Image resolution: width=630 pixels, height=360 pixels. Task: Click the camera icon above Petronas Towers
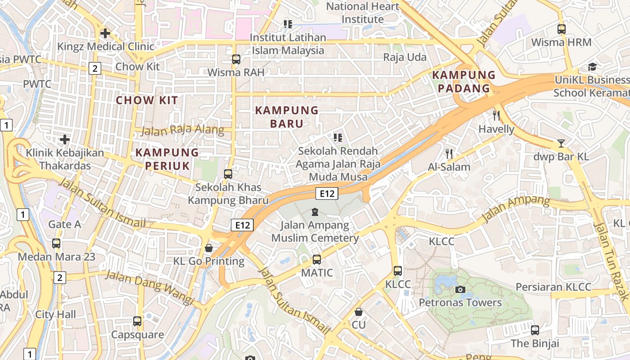(x=460, y=289)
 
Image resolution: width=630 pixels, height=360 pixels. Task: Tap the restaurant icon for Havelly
(x=496, y=116)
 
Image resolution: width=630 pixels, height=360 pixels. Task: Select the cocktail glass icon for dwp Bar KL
(x=561, y=144)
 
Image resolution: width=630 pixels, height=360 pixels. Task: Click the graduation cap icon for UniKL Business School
(x=592, y=67)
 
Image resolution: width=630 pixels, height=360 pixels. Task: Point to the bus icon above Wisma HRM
(x=561, y=29)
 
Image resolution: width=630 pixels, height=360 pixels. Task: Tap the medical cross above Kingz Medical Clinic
(x=105, y=33)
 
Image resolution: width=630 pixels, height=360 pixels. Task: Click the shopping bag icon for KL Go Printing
(x=209, y=248)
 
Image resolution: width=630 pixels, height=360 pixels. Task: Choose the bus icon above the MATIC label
(x=317, y=260)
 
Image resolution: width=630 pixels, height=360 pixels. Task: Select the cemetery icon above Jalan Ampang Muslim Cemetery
(x=315, y=211)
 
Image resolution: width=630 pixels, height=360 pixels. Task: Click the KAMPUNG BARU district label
(x=287, y=117)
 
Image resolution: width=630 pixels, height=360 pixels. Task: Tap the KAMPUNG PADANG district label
(x=463, y=81)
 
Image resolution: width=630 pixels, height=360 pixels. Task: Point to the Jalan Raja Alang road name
(x=182, y=130)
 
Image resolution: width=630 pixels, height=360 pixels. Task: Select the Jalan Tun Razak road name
(x=611, y=261)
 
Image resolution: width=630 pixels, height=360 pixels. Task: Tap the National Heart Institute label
(x=362, y=13)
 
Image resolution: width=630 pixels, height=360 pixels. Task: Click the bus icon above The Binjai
(x=535, y=330)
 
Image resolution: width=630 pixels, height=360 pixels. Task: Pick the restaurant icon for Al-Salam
(x=449, y=154)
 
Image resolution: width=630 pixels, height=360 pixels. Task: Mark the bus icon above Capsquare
(x=137, y=321)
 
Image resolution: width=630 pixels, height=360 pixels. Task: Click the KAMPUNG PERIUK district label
(x=167, y=159)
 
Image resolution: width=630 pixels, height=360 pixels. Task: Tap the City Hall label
(x=56, y=314)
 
